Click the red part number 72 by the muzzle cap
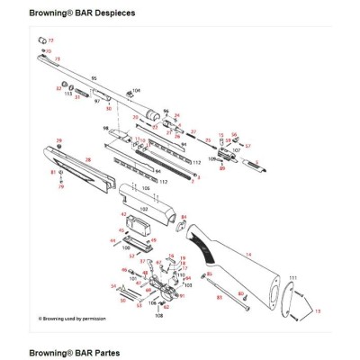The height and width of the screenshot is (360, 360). [50, 41]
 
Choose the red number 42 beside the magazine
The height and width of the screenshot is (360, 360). [123, 215]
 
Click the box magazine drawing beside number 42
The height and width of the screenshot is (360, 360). [140, 221]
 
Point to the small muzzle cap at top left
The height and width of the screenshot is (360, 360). [41, 40]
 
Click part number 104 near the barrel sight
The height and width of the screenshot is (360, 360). [137, 91]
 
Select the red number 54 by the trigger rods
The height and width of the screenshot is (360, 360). [112, 286]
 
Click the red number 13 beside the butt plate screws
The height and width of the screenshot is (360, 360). [316, 310]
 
